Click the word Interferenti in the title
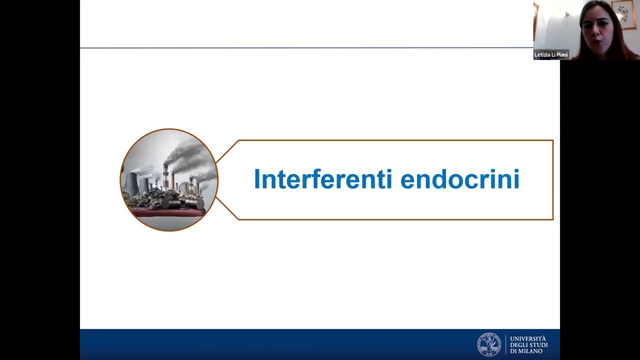pos(323,179)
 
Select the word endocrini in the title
pos(460,179)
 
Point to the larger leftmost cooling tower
pos(131,184)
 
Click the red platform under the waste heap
pos(165,213)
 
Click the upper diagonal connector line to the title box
pos(228,151)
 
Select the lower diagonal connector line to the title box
pos(228,208)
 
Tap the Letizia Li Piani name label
pos(551,55)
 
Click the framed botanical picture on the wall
pos(623,14)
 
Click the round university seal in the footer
pos(488,344)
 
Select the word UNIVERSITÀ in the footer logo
pos(528,338)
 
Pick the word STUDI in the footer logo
pos(538,345)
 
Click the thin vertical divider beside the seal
pos(505,344)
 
